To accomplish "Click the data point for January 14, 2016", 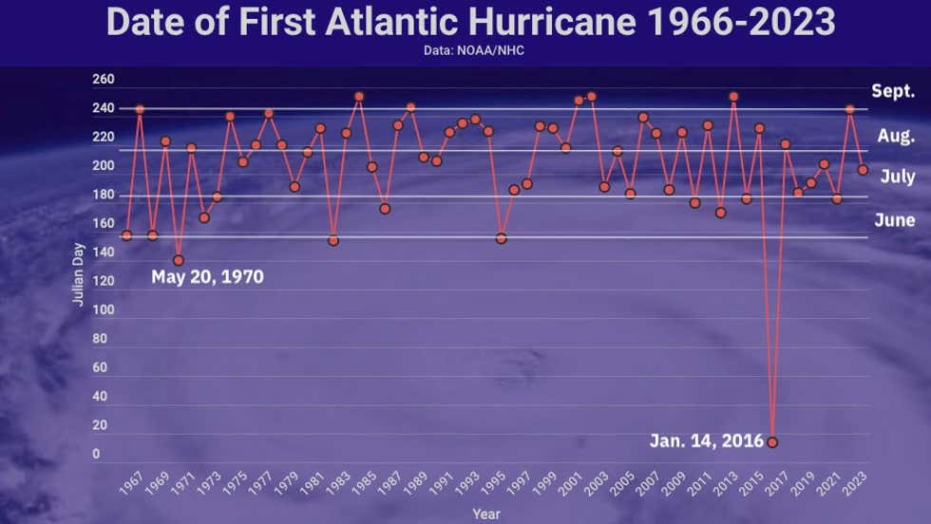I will tap(772, 442).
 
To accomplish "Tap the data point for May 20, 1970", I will tap(179, 260).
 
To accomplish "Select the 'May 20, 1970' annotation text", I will tap(207, 277).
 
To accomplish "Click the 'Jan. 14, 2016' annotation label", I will tap(706, 441).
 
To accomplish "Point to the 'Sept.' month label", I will tap(893, 91).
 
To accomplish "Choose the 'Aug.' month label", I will tap(895, 136).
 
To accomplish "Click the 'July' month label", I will tap(897, 177).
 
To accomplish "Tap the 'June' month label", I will tap(895, 220).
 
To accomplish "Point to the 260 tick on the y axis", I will tap(103, 80).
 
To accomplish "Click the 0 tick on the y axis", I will tap(96, 455).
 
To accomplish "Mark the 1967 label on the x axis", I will tap(132, 484).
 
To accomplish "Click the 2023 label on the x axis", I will tap(855, 484).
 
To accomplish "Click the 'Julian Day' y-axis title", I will tap(78, 274).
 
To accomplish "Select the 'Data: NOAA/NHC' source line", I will tap(474, 50).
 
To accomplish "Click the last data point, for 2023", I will tap(863, 170).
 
